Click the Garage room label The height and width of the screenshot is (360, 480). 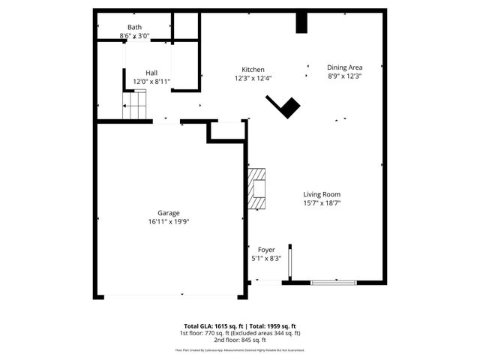tap(168, 213)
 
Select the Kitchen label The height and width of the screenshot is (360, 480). tap(252, 69)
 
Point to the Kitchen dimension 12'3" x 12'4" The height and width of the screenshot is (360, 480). tap(252, 78)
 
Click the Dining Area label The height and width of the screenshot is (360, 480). tap(344, 67)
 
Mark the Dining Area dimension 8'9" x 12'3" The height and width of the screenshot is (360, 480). tap(344, 76)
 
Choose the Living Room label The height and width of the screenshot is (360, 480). tap(322, 194)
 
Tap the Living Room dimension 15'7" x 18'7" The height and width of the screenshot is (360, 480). tap(322, 202)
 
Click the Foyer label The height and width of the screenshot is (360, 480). tap(266, 249)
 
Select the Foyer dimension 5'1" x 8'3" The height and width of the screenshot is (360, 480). tap(266, 258)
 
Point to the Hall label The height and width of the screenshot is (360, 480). tap(151, 73)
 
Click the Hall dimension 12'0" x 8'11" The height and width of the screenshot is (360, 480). tap(151, 82)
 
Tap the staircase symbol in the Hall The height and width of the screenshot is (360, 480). tap(136, 105)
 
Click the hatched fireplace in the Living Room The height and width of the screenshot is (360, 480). tap(257, 188)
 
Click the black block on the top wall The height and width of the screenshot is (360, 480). tap(301, 22)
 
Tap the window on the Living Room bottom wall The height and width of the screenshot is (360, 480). tap(331, 282)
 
